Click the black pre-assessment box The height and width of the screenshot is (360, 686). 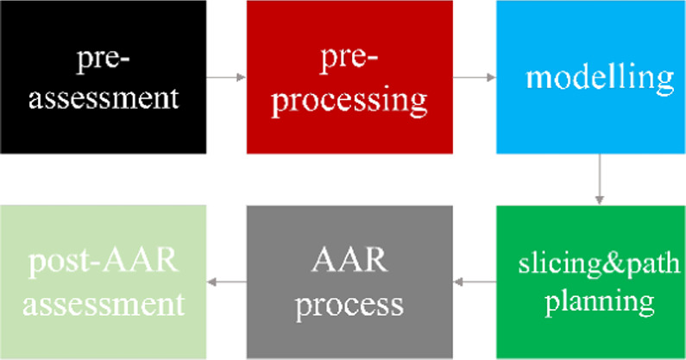[103, 77]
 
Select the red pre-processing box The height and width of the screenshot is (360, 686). [349, 77]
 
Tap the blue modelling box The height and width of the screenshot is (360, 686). [591, 77]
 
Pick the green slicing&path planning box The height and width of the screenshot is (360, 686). [591, 281]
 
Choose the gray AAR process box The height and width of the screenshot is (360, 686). [349, 281]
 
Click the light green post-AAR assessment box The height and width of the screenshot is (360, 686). [103, 281]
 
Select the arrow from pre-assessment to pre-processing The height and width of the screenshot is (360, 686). [226, 78]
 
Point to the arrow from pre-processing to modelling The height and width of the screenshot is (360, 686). [474, 78]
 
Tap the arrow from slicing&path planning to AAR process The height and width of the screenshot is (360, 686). [474, 281]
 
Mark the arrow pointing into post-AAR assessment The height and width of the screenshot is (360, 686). [226, 281]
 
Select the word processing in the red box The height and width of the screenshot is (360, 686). [349, 100]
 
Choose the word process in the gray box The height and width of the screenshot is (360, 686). [349, 304]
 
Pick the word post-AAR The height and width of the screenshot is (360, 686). [104, 261]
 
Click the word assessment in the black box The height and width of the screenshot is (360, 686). [104, 97]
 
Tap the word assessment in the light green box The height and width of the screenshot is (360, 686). [104, 304]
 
